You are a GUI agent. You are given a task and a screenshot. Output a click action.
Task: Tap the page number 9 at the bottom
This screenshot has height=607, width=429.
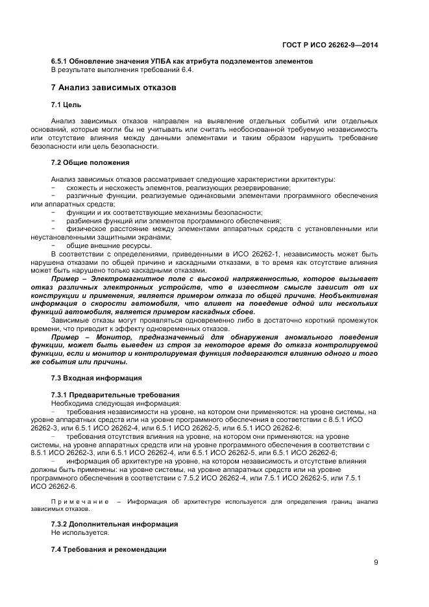[376, 562]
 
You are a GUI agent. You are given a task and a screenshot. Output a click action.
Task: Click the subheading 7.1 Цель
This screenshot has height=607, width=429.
[66, 105]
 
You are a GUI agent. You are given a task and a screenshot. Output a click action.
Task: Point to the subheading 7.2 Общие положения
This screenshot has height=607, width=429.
[90, 162]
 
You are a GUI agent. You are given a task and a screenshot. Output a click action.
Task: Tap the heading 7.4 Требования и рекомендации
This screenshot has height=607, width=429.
[108, 549]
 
